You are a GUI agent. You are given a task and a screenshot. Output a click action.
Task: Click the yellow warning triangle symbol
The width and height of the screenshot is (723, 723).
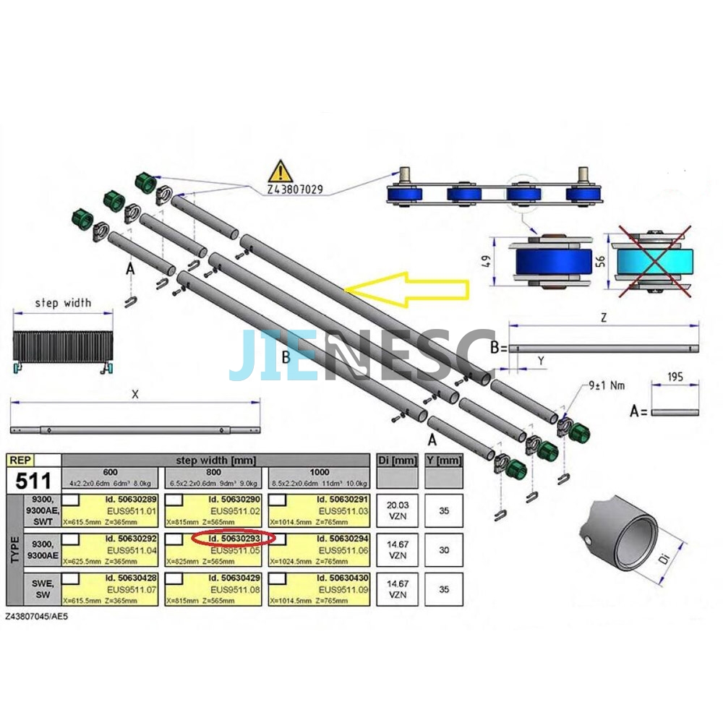[280, 172]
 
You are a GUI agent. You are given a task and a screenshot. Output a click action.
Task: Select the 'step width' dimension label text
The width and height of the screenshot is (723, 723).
[63, 303]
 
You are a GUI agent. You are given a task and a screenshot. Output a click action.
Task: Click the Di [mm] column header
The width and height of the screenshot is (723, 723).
[397, 461]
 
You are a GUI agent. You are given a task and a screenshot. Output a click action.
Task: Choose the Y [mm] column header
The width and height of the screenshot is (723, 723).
[444, 461]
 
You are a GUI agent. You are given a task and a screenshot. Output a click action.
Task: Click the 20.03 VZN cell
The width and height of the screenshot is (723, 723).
[397, 510]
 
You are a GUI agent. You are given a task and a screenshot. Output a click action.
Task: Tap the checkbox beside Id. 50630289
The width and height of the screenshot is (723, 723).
[72, 500]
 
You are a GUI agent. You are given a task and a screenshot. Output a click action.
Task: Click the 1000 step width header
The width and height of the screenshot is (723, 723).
[319, 471]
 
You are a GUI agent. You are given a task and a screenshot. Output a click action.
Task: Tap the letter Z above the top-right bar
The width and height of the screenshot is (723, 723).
[604, 317]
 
